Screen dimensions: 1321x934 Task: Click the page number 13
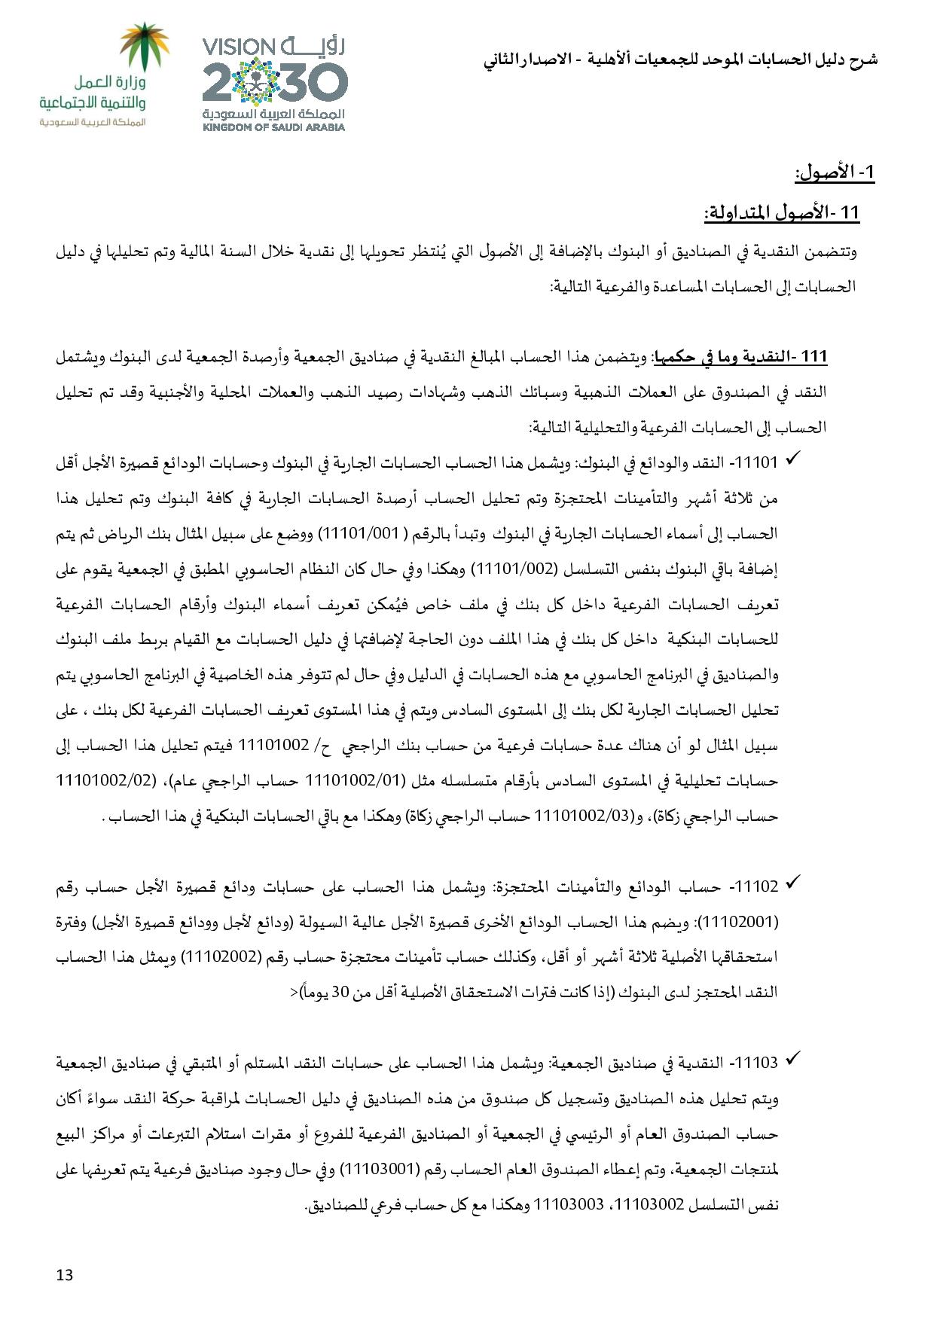(65, 1276)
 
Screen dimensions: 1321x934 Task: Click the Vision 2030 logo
(273, 84)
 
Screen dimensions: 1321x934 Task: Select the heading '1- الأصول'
(835, 173)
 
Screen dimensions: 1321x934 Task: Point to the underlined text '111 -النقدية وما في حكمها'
(741, 356)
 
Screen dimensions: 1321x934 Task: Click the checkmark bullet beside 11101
(791, 459)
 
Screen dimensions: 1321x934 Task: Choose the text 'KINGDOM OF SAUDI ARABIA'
(273, 127)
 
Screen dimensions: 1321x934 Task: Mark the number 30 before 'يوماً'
(337, 993)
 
